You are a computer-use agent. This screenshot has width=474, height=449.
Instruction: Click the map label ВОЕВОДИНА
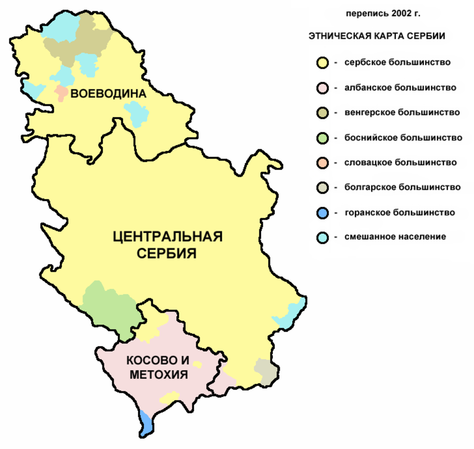tap(108, 94)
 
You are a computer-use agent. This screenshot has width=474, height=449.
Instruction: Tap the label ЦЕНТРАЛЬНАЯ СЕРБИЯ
tap(167, 245)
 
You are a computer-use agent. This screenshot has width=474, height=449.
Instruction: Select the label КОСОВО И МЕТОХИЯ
tap(158, 367)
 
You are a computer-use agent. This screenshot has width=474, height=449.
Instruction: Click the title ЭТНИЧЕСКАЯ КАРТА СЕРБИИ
tap(376, 36)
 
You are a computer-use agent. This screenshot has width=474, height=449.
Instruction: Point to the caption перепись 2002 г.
tap(383, 14)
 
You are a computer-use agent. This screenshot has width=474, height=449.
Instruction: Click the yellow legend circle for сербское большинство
tap(323, 63)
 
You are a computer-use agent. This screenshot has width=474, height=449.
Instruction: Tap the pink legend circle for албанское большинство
tap(323, 88)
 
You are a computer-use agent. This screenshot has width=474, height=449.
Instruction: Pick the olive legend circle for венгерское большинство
tap(323, 113)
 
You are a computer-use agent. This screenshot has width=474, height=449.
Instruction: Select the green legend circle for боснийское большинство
tap(323, 138)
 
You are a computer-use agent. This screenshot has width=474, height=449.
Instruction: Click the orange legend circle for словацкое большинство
tap(323, 163)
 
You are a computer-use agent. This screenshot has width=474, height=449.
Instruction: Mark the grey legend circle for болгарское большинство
tap(323, 188)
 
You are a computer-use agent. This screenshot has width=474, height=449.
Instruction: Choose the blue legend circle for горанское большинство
tap(323, 213)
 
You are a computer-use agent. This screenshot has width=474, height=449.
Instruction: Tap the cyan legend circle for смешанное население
tap(323, 238)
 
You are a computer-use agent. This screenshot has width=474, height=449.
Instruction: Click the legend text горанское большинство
tap(399, 213)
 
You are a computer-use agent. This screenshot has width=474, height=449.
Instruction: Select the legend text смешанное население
tap(395, 237)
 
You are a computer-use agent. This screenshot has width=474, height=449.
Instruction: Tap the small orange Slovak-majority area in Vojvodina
tap(61, 93)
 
